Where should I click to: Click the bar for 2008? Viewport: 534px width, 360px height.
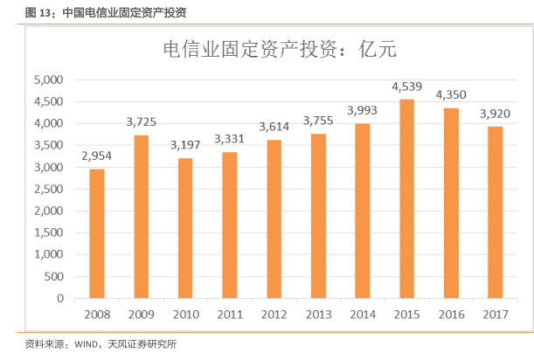(x=96, y=233)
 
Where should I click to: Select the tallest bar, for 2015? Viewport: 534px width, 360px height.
(x=404, y=198)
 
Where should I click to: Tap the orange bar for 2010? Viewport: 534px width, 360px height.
(x=184, y=228)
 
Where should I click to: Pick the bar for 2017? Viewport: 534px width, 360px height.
(x=495, y=212)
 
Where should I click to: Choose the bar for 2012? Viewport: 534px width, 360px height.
(x=273, y=218)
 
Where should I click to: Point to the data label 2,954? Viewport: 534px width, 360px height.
(x=97, y=156)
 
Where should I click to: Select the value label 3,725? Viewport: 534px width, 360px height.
(x=141, y=121)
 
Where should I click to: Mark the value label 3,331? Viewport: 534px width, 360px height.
(x=229, y=138)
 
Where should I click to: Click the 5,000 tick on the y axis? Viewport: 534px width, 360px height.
(x=48, y=80)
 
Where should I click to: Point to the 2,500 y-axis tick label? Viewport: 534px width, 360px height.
(x=48, y=189)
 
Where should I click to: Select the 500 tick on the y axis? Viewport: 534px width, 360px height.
(x=54, y=276)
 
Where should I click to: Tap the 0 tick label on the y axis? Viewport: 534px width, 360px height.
(x=60, y=298)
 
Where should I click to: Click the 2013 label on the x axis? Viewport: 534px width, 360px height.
(x=317, y=315)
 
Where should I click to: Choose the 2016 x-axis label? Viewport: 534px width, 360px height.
(x=451, y=315)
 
